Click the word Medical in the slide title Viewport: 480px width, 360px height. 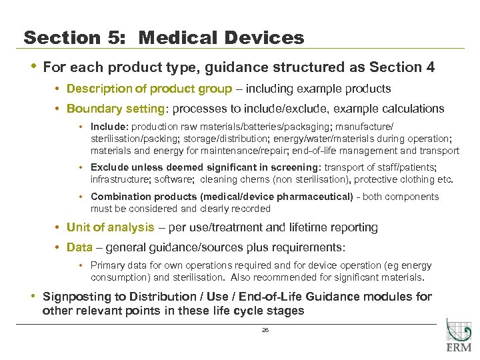click(175, 38)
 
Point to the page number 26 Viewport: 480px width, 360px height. click(265, 330)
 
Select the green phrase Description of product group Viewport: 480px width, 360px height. click(149, 89)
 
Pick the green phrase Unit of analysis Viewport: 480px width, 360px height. click(110, 227)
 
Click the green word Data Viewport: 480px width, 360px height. click(79, 247)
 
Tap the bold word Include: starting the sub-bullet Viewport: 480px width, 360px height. click(110, 126)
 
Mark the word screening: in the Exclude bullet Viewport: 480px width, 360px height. click(295, 168)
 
